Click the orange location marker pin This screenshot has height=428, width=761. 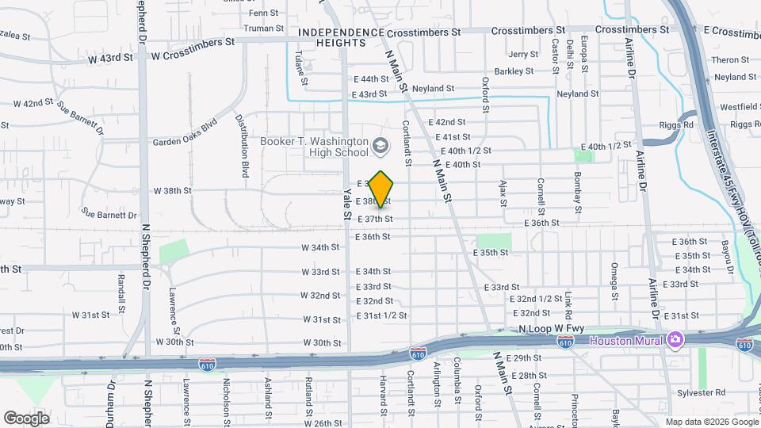[x=381, y=189]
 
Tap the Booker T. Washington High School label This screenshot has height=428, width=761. [x=315, y=147]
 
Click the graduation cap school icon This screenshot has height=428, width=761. [x=380, y=145]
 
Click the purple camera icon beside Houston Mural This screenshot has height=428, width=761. [x=675, y=340]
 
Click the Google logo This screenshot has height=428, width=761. [x=26, y=418]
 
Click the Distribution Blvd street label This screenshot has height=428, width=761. [x=240, y=146]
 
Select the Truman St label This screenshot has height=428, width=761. [x=264, y=28]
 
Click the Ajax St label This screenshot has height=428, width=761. [x=503, y=193]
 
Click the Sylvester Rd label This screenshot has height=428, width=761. [x=702, y=392]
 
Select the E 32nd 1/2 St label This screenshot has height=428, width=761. [x=540, y=299]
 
